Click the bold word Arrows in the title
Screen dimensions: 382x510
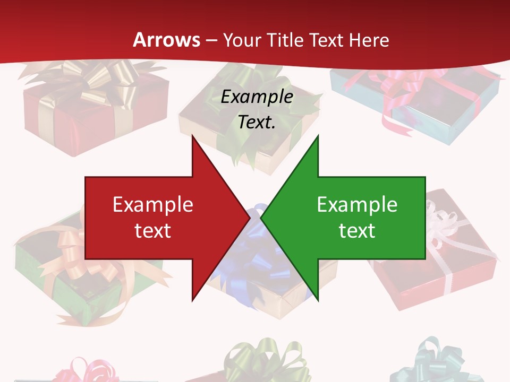tap(167, 40)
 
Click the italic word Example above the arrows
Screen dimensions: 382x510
tap(257, 97)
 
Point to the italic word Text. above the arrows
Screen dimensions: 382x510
tap(257, 122)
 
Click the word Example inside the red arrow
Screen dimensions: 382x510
tap(153, 205)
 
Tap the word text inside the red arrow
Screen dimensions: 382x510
tap(153, 230)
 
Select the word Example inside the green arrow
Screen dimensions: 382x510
tap(357, 205)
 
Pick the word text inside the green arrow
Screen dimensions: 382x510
tap(357, 230)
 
